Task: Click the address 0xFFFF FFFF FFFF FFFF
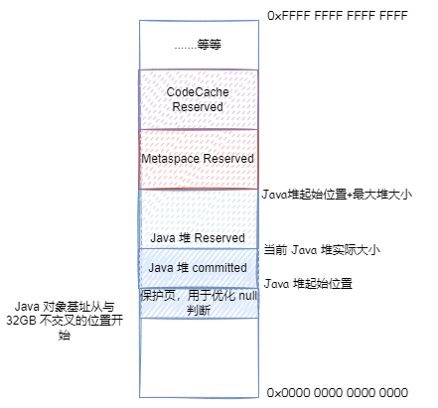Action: (338, 16)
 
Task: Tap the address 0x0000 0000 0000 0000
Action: (338, 393)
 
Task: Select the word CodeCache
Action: (198, 92)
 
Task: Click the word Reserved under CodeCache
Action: (198, 107)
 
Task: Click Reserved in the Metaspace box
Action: (228, 158)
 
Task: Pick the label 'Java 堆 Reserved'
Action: (198, 238)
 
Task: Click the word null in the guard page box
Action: (248, 296)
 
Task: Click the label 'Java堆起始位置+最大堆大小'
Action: (337, 195)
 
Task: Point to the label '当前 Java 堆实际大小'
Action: (322, 250)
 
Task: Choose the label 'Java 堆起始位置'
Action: (308, 284)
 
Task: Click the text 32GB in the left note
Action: (21, 321)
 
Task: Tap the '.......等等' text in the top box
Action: (198, 45)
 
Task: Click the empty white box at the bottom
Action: (199, 357)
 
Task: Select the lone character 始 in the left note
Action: (65, 335)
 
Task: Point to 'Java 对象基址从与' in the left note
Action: (65, 307)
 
